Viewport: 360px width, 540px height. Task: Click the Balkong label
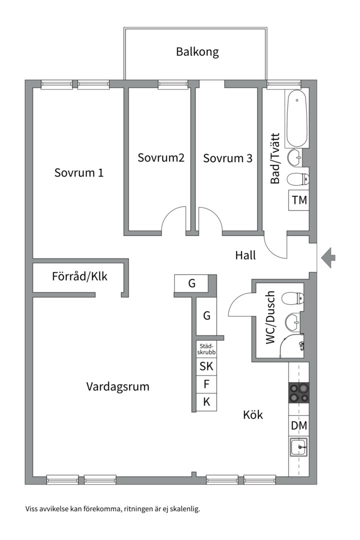point(197,52)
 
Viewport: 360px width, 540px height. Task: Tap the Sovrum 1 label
point(79,173)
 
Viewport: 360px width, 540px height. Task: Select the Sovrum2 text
point(161,158)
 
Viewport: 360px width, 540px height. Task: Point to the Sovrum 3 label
point(227,158)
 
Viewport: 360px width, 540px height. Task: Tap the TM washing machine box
point(299,200)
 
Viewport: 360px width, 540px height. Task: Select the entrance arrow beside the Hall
point(328,258)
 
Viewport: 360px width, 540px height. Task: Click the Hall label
point(245,255)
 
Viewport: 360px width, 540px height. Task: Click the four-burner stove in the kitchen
point(299,392)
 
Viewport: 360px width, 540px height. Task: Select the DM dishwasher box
point(299,426)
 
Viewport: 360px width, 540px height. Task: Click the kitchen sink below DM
point(299,446)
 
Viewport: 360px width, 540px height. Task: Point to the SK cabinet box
point(206,366)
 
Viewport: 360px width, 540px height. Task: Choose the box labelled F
point(206,384)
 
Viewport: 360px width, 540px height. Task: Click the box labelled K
point(206,402)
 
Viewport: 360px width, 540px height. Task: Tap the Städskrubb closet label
point(206,348)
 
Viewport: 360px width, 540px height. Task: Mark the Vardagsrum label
point(117,386)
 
